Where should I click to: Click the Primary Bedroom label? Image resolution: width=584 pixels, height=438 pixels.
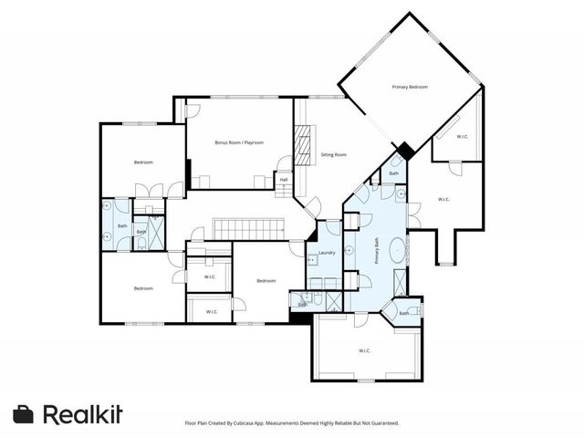410,87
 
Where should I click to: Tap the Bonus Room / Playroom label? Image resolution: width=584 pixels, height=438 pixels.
239,142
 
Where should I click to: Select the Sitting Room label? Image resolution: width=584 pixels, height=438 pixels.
333,155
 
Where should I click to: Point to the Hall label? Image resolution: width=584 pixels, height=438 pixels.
284,179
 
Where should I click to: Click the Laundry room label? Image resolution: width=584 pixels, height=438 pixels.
326,253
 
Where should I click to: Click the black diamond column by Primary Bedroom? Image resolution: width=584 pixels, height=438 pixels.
402,151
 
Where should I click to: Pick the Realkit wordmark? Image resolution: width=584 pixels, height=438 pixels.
83,413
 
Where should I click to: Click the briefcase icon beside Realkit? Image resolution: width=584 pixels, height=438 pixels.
24,413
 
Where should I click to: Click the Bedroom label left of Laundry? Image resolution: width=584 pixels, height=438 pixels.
266,280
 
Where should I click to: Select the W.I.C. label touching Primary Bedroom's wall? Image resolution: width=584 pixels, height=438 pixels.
463,137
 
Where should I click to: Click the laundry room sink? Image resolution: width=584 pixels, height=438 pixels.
312,260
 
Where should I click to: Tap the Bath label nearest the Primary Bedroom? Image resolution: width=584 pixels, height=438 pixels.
394,173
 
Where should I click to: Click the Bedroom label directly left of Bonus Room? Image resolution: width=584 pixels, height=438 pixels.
143,162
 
